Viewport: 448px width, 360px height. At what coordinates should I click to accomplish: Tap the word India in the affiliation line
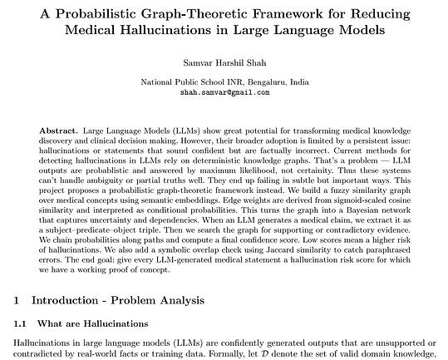click(300, 84)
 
